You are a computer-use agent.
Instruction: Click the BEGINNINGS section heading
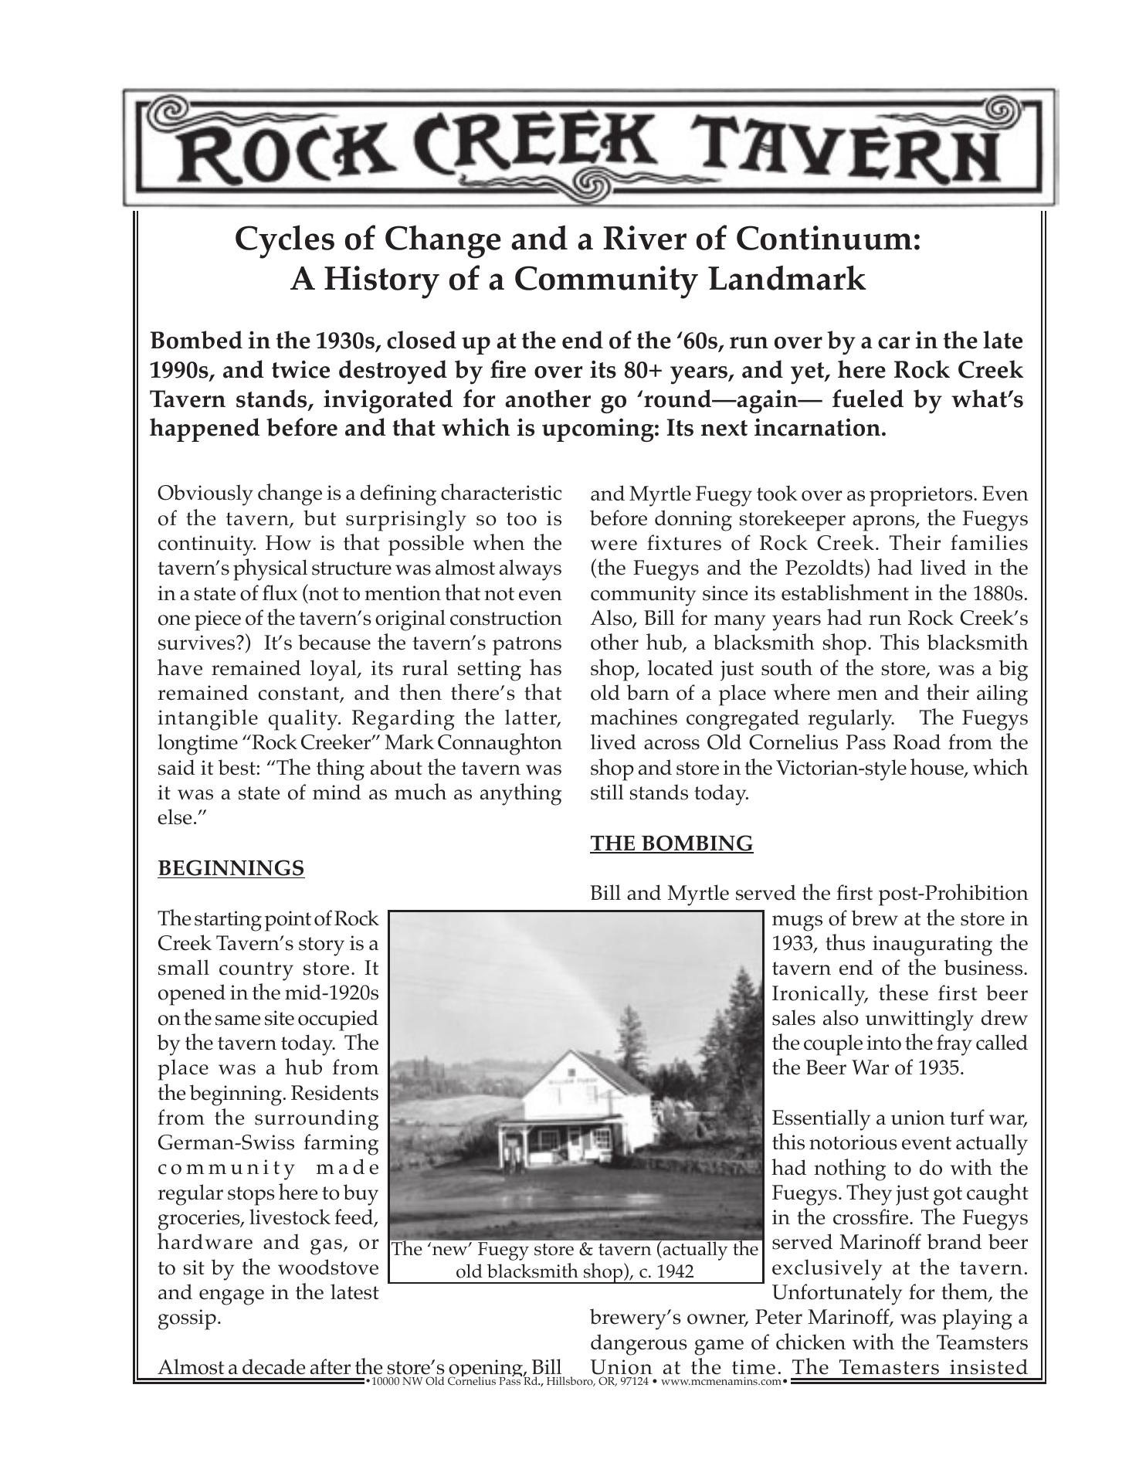click(x=231, y=868)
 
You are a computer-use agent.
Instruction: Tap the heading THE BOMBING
click(x=671, y=843)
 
